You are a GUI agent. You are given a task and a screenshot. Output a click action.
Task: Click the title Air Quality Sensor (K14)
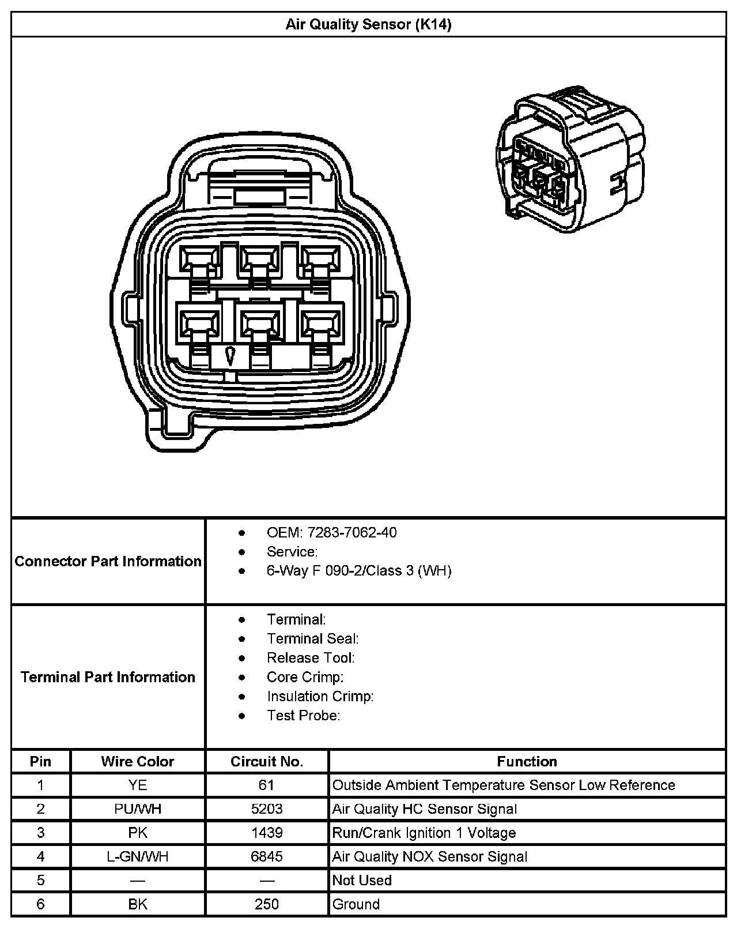tap(368, 24)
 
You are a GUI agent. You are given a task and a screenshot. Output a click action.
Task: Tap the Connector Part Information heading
tap(108, 561)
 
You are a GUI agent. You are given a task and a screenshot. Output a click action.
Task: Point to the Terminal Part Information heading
tap(108, 676)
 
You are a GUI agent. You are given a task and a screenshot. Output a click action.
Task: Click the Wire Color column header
tap(137, 761)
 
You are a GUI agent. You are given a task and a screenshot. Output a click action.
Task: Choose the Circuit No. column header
tap(267, 761)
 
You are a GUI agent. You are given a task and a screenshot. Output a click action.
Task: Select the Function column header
tap(527, 761)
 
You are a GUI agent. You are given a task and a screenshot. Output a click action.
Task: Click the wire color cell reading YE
tap(138, 785)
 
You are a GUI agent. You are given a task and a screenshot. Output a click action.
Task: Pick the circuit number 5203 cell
tap(267, 809)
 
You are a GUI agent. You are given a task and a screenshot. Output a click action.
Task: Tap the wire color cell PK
tap(138, 833)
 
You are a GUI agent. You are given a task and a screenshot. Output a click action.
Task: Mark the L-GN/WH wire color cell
tap(138, 856)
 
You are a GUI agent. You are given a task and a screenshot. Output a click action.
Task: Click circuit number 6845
tap(267, 856)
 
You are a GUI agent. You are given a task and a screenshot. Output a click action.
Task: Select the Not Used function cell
tap(362, 880)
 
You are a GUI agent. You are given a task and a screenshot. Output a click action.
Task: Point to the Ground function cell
tap(356, 904)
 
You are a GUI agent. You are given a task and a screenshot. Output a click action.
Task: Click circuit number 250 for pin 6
tap(267, 904)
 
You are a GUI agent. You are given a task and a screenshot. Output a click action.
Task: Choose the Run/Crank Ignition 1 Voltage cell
tap(424, 833)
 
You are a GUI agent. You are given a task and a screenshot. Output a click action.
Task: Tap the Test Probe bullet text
tap(303, 715)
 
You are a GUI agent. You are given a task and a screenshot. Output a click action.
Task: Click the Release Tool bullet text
tap(311, 657)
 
